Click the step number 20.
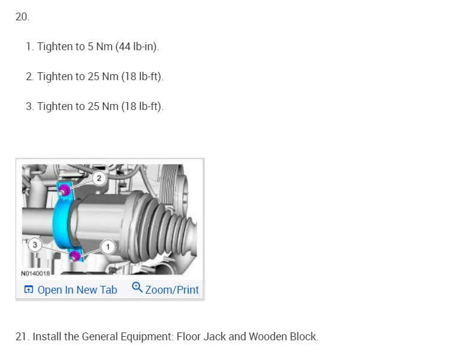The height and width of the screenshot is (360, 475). [x=22, y=17]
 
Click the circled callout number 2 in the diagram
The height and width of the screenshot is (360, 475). [x=99, y=178]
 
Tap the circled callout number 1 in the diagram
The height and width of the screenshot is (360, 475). [x=108, y=247]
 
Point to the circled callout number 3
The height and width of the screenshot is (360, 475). [x=35, y=245]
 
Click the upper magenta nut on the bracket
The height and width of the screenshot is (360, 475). [x=64, y=190]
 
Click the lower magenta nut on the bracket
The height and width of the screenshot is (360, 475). [x=75, y=257]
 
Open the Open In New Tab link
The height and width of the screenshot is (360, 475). [x=77, y=290]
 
